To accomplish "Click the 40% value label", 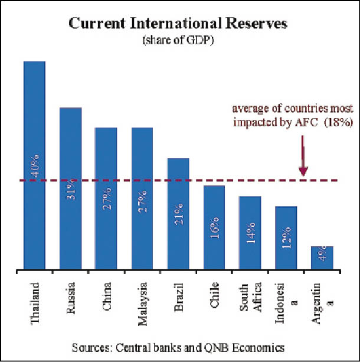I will [x=35, y=165].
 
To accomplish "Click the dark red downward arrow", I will [x=303, y=156].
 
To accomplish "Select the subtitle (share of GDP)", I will [x=178, y=40].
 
